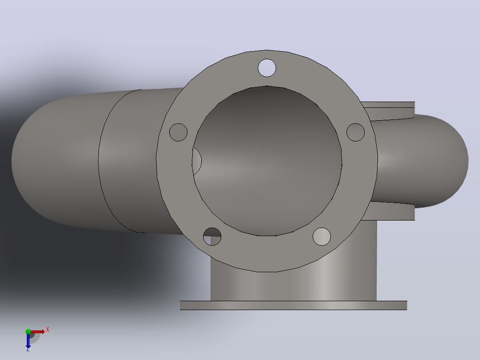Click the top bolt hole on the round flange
pos(267,68)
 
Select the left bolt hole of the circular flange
pos(178,132)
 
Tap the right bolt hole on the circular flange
pos(355,132)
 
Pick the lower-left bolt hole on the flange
pos(212,237)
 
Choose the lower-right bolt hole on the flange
pos(322,237)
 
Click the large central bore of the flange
pos(267,161)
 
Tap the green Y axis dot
pos(28,331)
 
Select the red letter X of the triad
pos(48,330)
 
